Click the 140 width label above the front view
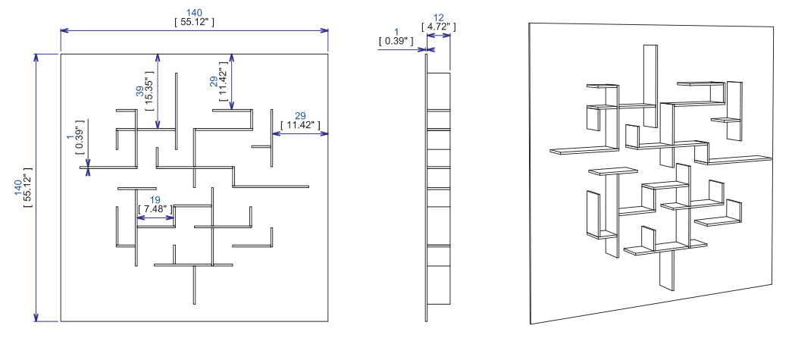[x=195, y=13]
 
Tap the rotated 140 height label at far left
[x=18, y=187]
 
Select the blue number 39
[x=139, y=91]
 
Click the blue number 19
[x=155, y=200]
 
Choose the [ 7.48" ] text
[x=155, y=209]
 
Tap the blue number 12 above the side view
[x=438, y=18]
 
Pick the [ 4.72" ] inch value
[x=438, y=27]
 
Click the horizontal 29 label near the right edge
[x=300, y=116]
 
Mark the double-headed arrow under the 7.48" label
[x=155, y=218]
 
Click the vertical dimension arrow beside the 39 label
[x=158, y=92]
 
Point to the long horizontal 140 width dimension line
[x=195, y=31]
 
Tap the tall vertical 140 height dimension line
[x=36, y=187]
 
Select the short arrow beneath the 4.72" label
[x=438, y=36]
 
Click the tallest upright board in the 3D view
[x=650, y=86]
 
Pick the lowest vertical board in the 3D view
[x=667, y=271]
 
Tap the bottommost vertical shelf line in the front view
[x=195, y=285]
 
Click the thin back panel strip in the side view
[x=426, y=187]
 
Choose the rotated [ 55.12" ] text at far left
[x=28, y=187]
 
